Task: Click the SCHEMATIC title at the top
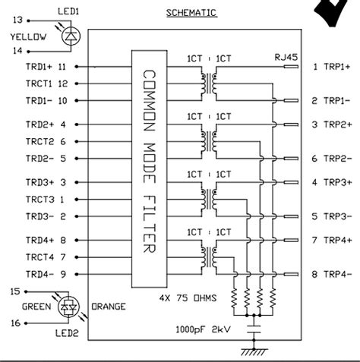[x=191, y=14]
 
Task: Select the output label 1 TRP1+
[x=332, y=67]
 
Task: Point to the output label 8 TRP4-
[x=332, y=274]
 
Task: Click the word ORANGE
[x=108, y=306]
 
